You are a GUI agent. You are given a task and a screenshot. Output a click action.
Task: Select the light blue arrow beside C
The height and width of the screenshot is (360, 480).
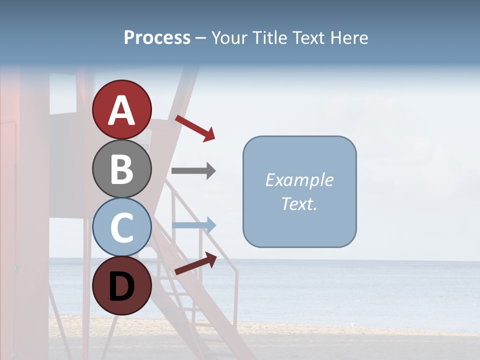coord(193,225)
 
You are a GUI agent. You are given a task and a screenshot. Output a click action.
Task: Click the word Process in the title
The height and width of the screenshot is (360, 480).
coord(157,38)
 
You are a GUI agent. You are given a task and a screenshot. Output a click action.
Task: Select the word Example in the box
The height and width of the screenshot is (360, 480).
coord(299,180)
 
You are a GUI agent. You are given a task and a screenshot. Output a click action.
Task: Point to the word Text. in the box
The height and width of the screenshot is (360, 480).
coord(299,203)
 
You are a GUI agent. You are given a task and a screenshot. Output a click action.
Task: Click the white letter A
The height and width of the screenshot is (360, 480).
coord(122,110)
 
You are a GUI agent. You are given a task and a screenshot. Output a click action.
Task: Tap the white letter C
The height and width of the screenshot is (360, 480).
coord(122,227)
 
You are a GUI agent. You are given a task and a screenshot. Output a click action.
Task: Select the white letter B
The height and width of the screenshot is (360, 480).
coord(122,169)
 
